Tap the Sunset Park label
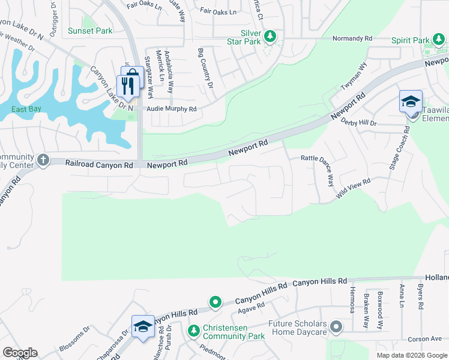pos(90,31)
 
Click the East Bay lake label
pos(26,109)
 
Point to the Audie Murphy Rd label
pos(172,110)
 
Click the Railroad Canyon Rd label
pos(100,163)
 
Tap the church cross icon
pos(43,160)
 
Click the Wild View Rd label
pos(354,188)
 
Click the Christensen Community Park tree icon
pos(194,331)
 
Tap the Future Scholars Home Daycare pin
pos(336,328)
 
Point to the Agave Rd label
pos(251,308)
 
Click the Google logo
pos(20,353)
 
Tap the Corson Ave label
pos(424,340)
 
